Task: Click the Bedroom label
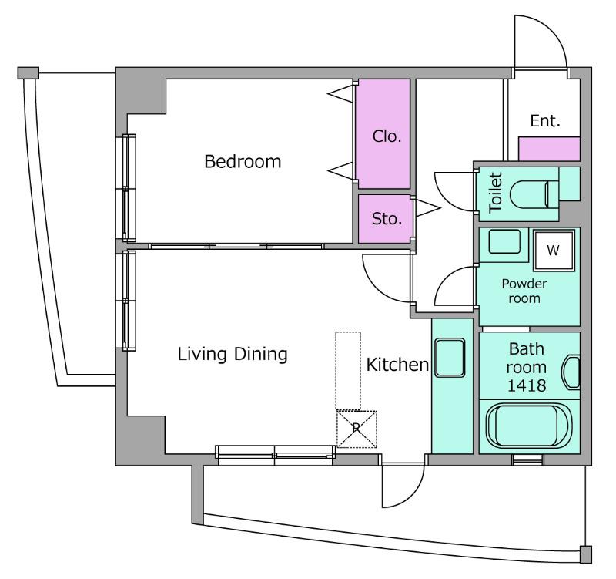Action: point(243,163)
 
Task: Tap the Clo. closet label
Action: point(387,136)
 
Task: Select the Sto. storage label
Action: point(387,219)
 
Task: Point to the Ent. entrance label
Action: point(544,121)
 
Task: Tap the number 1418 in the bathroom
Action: point(529,385)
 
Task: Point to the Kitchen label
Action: point(397,365)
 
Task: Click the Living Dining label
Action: point(233,355)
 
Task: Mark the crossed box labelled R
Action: point(357,428)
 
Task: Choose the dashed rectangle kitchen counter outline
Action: point(348,371)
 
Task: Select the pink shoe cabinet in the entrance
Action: point(549,149)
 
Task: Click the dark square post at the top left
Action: point(28,72)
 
